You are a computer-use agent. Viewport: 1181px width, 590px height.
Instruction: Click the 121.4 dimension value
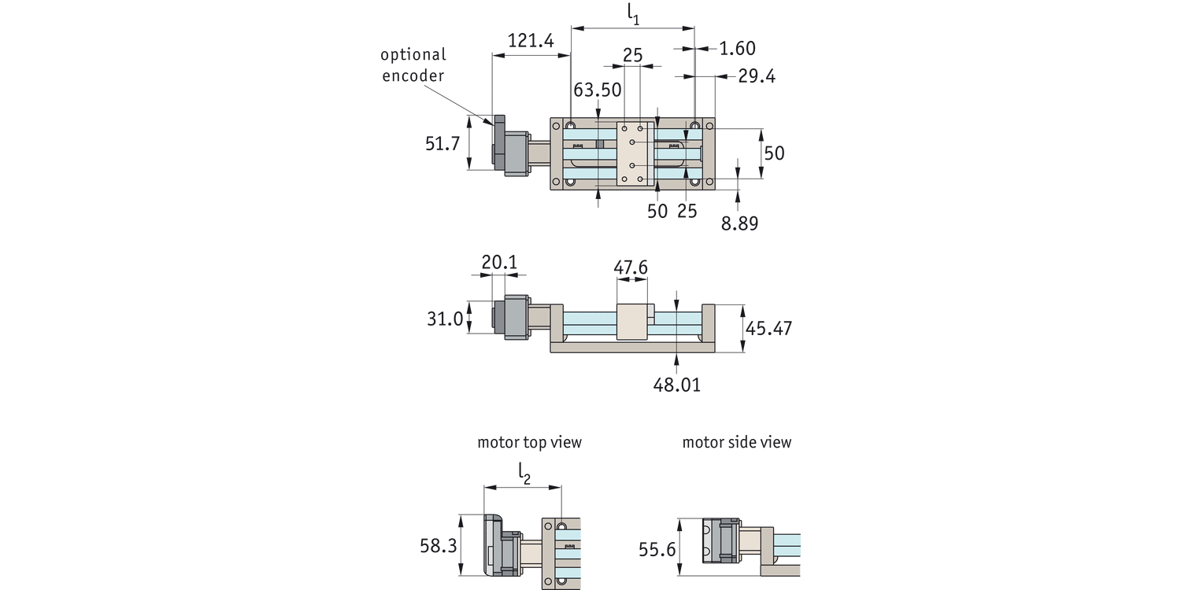point(530,41)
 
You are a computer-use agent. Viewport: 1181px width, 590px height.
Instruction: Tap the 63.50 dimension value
point(597,90)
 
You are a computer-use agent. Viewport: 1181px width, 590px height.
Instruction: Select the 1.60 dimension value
point(737,49)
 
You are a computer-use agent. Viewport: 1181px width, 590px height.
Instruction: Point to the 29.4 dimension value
point(757,76)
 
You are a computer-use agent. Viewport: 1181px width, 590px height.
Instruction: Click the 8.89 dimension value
point(739,223)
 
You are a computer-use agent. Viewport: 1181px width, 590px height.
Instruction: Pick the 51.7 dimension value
point(442,144)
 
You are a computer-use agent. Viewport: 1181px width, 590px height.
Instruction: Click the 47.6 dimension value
point(631,268)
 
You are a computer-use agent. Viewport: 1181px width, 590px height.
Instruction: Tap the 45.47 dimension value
point(768,328)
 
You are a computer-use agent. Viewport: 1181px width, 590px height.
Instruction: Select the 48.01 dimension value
point(676,385)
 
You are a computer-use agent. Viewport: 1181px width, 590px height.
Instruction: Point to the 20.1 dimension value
point(499,263)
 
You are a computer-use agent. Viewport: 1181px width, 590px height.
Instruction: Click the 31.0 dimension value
point(444,319)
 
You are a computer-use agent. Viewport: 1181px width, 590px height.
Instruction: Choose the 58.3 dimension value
point(438,546)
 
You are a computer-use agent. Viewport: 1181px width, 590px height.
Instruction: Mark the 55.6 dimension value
point(657,550)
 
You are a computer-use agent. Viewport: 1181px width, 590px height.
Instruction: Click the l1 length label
point(633,13)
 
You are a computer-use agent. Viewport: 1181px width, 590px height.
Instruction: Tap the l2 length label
point(524,473)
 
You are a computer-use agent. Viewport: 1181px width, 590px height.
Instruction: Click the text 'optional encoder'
point(413,65)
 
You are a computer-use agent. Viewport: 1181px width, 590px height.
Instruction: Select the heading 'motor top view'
point(529,442)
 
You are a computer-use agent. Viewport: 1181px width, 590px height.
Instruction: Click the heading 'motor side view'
point(736,442)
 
